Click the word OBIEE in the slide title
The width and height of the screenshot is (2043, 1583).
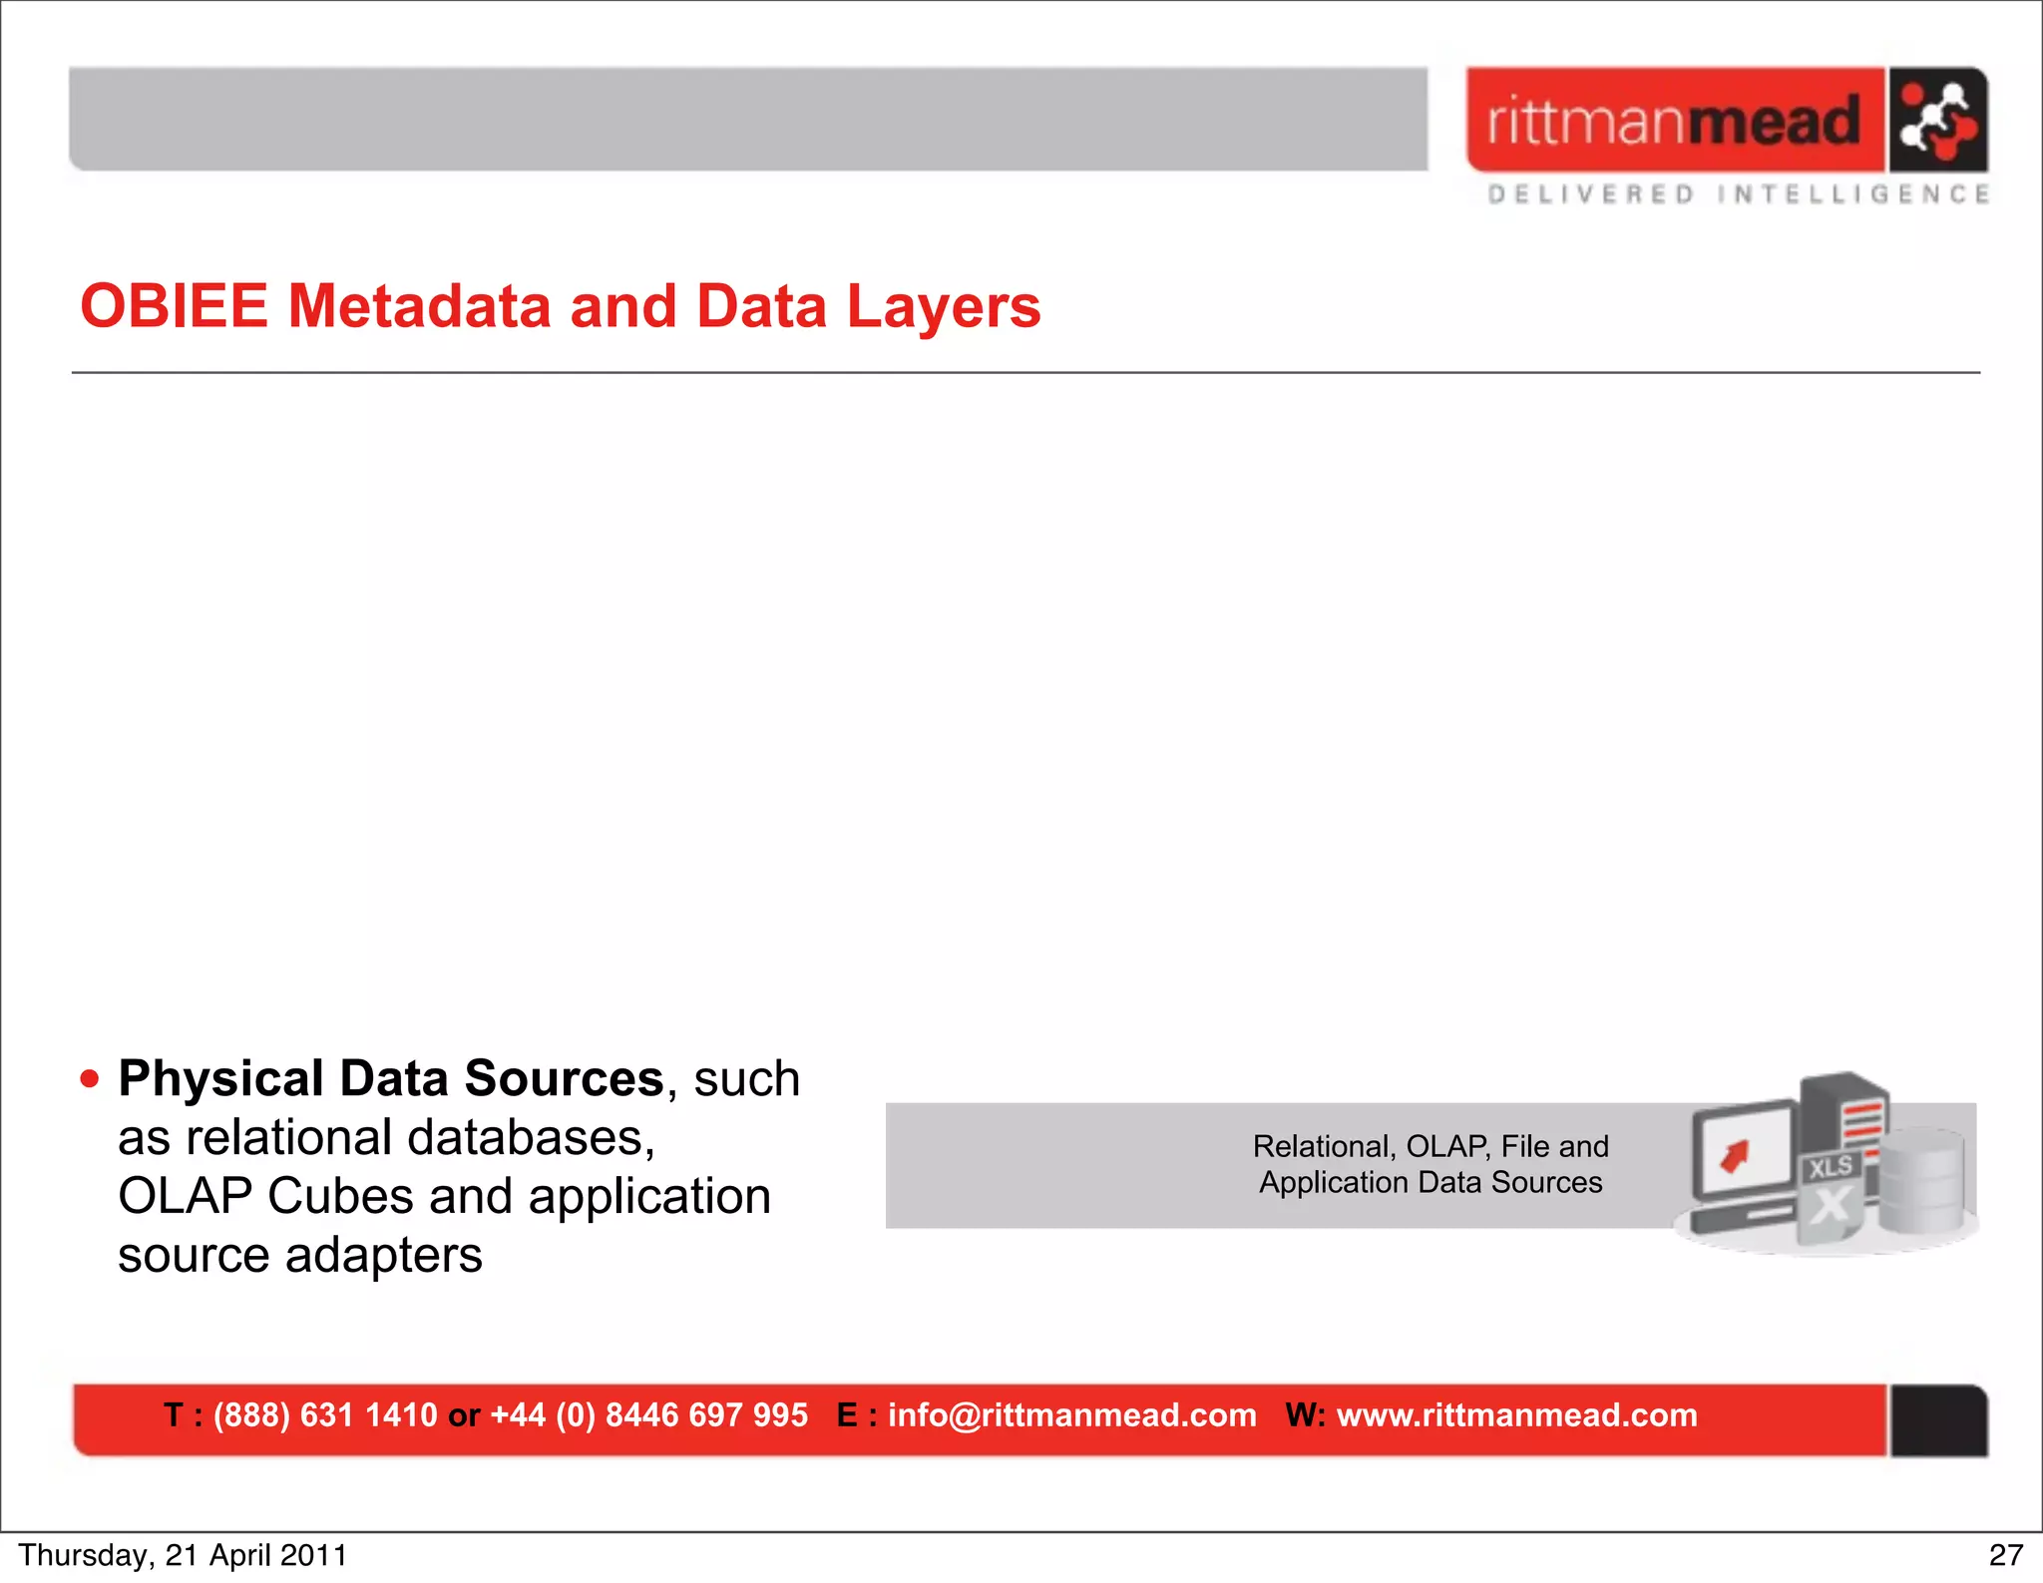[x=174, y=306]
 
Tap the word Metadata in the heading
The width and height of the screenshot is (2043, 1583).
[x=419, y=306]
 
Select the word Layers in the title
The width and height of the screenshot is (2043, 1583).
[x=943, y=306]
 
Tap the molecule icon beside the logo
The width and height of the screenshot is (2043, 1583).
[x=1936, y=121]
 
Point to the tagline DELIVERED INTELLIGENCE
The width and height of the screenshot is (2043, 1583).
[x=1738, y=195]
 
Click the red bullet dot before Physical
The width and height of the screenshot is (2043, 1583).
[x=90, y=1079]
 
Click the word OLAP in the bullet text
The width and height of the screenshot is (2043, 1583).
[x=185, y=1196]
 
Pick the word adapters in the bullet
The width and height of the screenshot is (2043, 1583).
[x=383, y=1255]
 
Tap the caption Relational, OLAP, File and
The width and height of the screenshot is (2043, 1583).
[x=1430, y=1147]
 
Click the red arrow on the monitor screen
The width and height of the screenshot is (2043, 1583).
[x=1736, y=1157]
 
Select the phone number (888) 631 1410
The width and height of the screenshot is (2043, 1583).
[x=325, y=1415]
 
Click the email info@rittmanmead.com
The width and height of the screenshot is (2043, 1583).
[x=1071, y=1415]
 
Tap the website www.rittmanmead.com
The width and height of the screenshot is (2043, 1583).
[x=1516, y=1415]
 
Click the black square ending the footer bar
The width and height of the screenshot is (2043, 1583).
[x=1938, y=1420]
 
